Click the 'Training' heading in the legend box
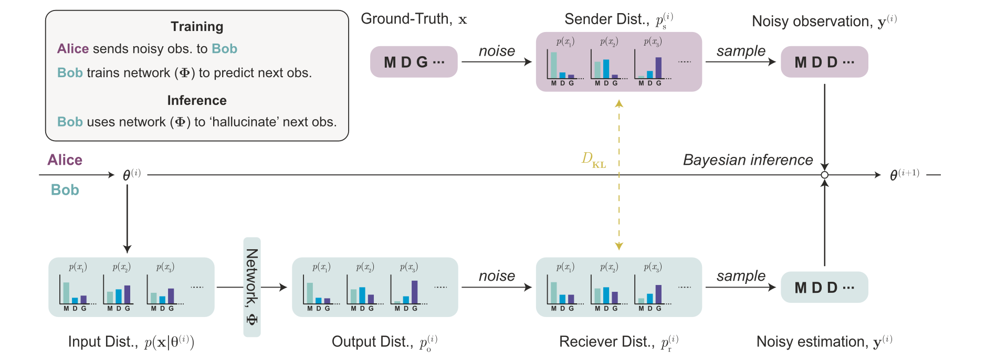click(x=197, y=27)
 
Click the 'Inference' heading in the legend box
click(x=197, y=100)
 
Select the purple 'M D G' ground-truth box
click(x=414, y=62)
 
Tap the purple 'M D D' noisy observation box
click(x=824, y=62)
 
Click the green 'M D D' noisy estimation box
click(x=824, y=287)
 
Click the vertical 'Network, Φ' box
click(x=252, y=287)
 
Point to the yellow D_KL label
click(x=594, y=160)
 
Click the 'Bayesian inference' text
click(x=748, y=160)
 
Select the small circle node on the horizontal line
click(x=825, y=175)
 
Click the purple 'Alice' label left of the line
click(x=65, y=160)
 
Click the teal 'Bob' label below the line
click(x=65, y=190)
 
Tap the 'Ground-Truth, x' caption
click(x=414, y=19)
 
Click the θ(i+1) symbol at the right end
click(x=904, y=175)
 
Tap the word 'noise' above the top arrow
click(x=497, y=51)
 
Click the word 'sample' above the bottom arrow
click(x=741, y=276)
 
